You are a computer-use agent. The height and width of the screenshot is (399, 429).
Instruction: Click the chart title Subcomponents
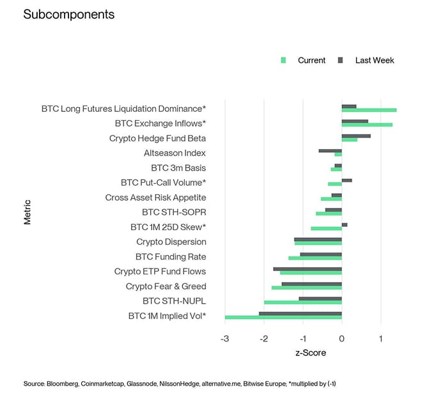[68, 14]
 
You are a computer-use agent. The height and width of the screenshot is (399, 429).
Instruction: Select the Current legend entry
[311, 60]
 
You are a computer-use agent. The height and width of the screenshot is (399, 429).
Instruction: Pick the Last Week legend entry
[374, 60]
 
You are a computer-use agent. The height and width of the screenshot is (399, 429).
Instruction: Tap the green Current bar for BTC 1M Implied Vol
[283, 317]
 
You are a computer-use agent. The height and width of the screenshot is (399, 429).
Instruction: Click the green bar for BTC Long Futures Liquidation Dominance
[369, 110]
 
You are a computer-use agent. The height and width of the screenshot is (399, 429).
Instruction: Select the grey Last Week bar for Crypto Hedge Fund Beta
[356, 136]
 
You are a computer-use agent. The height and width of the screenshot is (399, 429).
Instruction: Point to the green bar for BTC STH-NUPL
[303, 302]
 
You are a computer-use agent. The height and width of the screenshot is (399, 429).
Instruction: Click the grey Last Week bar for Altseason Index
[331, 150]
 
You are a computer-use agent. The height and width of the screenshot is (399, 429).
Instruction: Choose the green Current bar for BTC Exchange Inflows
[367, 125]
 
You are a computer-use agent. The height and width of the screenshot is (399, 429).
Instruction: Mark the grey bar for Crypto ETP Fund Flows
[308, 269]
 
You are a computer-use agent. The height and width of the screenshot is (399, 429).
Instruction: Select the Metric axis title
[27, 212]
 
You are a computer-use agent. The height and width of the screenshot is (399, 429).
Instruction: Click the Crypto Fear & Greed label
[166, 286]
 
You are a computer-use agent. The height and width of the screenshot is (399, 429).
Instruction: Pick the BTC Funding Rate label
[171, 256]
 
